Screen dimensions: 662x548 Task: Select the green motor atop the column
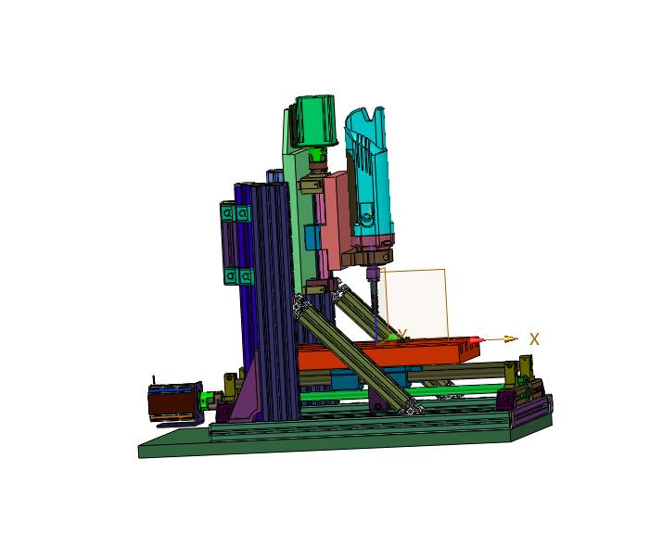pos(315,121)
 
